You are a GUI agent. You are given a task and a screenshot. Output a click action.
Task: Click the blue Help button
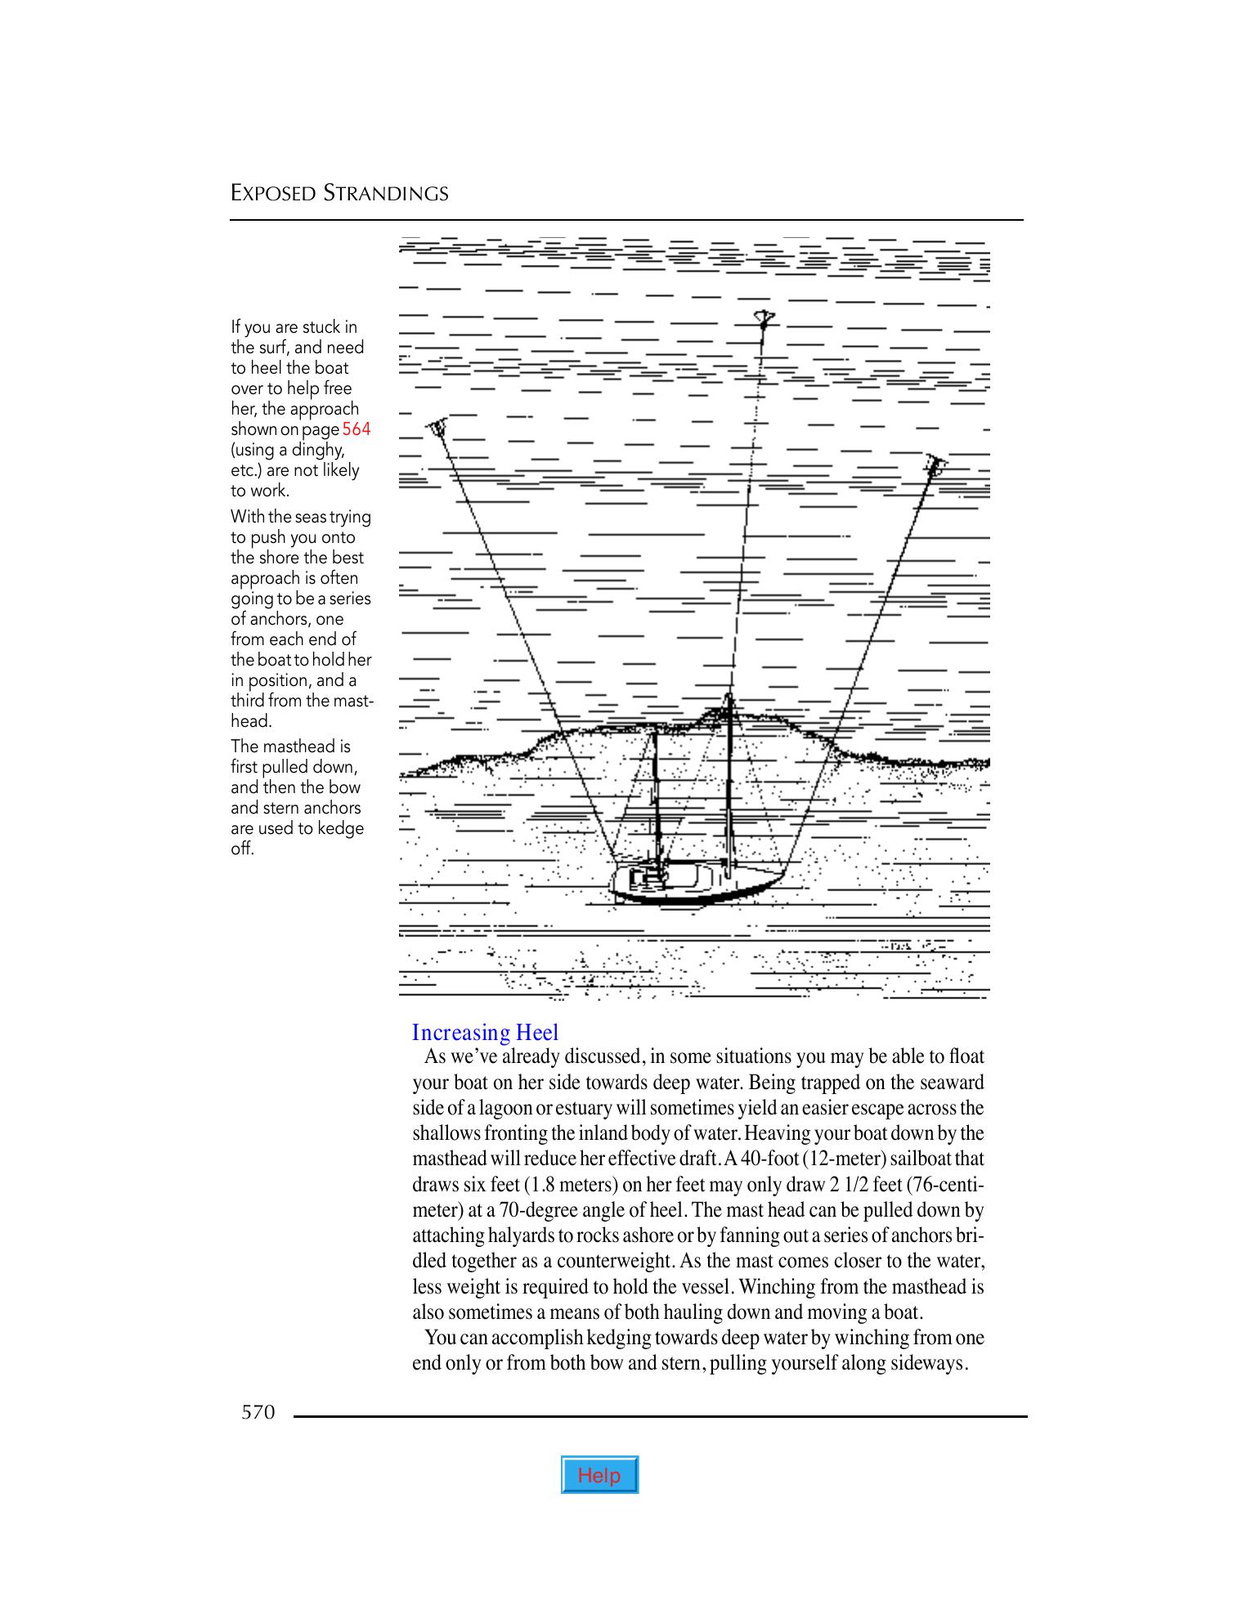pos(599,1475)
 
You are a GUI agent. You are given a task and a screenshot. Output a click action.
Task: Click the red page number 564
pos(356,429)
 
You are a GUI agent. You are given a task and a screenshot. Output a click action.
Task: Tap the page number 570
pos(258,1412)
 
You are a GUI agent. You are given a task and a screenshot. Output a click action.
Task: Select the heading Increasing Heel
pos(485,1033)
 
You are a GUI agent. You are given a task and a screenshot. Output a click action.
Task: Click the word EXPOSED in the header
pos(273,194)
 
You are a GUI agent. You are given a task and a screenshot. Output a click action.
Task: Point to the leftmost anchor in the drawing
pos(437,426)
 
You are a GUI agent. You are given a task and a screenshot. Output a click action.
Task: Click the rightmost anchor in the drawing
pos(936,465)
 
